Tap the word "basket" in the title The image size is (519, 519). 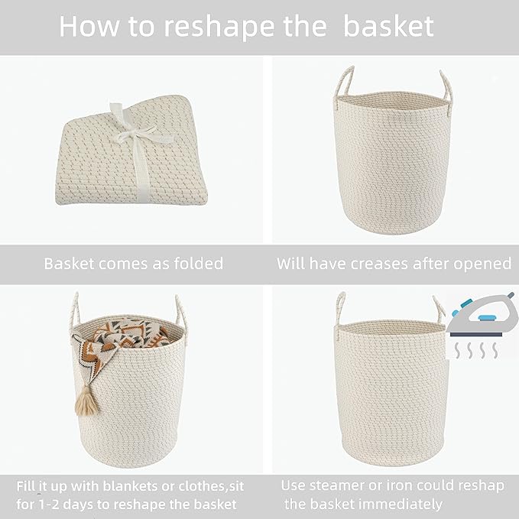pyautogui.click(x=388, y=26)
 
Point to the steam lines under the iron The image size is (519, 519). pyautogui.click(x=473, y=350)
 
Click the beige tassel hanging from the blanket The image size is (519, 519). pyautogui.click(x=86, y=400)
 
